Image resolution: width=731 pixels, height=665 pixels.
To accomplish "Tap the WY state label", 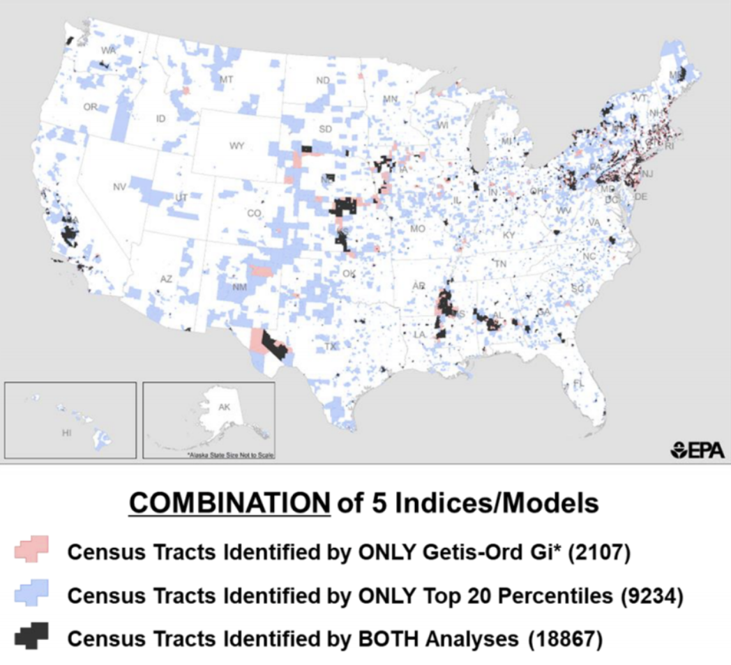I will [x=236, y=146].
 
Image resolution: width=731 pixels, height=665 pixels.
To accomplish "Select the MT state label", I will [x=226, y=79].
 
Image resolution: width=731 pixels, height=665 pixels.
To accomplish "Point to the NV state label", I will [x=119, y=186].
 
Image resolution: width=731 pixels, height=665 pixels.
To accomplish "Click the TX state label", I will [x=331, y=346].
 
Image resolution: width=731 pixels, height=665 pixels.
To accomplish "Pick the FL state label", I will [x=578, y=384].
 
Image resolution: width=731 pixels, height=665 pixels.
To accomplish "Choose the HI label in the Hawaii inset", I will [x=67, y=432].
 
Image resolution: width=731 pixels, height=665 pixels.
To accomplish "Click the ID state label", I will [x=161, y=119].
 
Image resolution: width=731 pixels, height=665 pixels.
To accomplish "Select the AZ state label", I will [x=165, y=279].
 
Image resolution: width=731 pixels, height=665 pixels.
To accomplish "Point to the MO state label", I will [x=418, y=229].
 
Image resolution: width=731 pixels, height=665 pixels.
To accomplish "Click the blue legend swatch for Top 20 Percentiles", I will [x=31, y=595].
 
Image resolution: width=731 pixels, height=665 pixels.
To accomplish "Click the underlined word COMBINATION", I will [x=229, y=503].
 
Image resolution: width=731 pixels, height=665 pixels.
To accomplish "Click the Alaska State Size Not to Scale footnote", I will [x=231, y=454].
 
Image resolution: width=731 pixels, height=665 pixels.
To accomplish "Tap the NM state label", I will [x=239, y=286].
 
